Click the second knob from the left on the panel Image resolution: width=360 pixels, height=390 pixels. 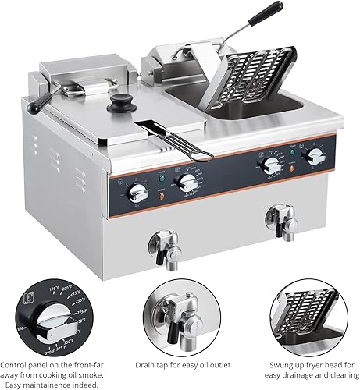(186, 183)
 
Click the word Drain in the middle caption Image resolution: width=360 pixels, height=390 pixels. (147, 363)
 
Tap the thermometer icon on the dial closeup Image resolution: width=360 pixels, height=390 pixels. (28, 296)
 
